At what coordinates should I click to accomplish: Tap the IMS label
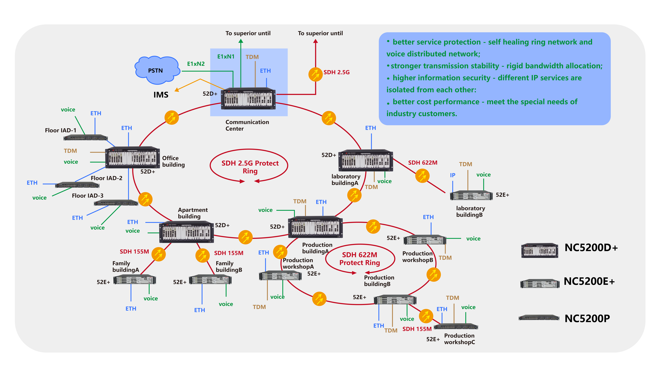161,95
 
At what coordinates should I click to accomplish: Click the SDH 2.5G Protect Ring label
250,167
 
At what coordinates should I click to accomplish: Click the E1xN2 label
196,64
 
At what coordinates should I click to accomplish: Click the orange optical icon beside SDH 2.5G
315,74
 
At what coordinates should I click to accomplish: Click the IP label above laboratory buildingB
453,175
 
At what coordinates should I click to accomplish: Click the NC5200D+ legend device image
539,250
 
